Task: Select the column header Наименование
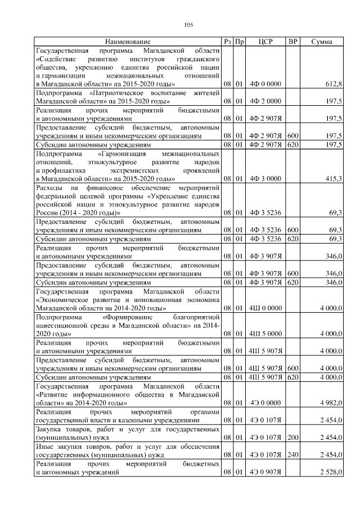(x=128, y=42)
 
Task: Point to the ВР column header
(x=292, y=42)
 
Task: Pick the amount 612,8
(x=334, y=84)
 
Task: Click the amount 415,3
(x=334, y=178)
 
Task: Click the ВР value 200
(x=292, y=438)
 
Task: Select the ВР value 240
(x=292, y=455)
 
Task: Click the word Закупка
(x=49, y=430)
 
